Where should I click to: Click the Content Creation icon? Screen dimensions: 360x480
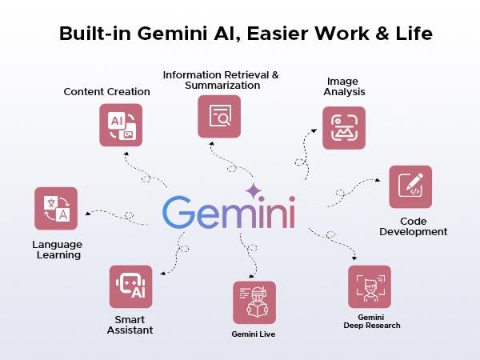(x=120, y=125)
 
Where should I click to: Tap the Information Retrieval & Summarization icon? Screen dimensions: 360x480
(x=219, y=117)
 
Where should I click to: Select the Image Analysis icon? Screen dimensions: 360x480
(x=343, y=128)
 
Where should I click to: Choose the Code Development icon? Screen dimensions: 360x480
(x=410, y=187)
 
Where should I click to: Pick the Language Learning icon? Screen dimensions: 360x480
(x=56, y=208)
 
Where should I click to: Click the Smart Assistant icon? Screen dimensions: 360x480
(x=130, y=287)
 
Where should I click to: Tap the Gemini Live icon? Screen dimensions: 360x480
(x=254, y=302)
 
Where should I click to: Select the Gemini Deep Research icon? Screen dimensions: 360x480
(x=370, y=286)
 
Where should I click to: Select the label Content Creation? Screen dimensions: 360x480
(x=107, y=91)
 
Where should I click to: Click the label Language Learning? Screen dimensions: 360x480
(x=57, y=250)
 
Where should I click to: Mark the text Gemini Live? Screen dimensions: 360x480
(x=254, y=332)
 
